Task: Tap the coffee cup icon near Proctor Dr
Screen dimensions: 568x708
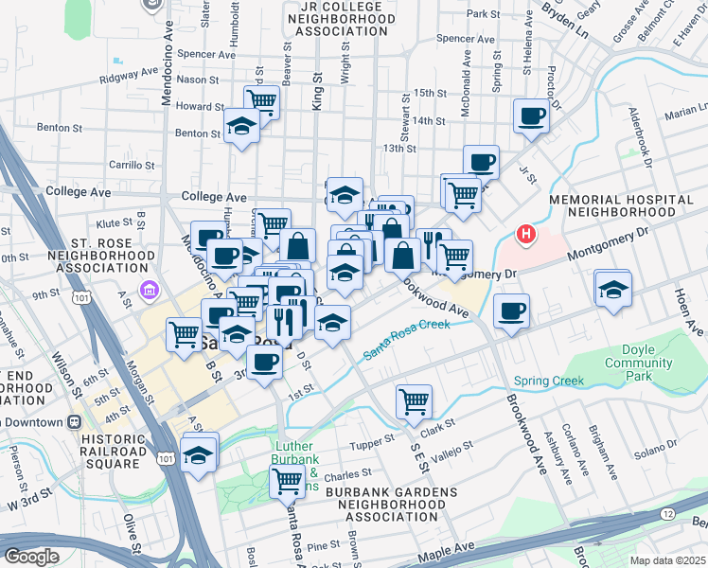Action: [531, 117]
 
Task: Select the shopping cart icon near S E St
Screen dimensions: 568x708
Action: [414, 401]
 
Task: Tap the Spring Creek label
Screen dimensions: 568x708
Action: [549, 382]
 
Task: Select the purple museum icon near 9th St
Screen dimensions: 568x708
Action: [148, 288]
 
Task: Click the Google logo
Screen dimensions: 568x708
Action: [30, 556]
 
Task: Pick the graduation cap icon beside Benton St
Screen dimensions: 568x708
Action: [242, 125]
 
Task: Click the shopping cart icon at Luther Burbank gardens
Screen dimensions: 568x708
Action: [287, 481]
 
